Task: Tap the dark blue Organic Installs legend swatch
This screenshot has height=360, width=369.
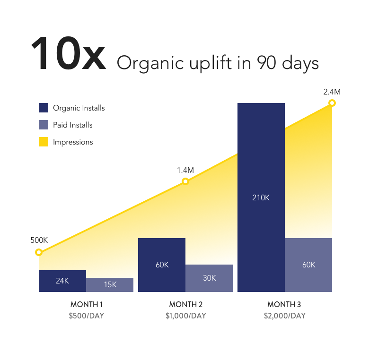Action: (44, 108)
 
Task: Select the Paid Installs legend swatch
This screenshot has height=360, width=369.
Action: (44, 125)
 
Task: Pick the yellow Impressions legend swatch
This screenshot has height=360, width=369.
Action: (44, 142)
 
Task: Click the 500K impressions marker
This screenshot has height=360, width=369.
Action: (39, 252)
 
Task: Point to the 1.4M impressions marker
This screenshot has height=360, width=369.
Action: (185, 181)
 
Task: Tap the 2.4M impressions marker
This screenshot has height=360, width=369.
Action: (332, 103)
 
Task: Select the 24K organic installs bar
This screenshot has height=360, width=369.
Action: (62, 281)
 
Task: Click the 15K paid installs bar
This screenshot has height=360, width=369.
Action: (110, 285)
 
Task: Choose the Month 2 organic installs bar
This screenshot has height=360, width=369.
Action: (162, 265)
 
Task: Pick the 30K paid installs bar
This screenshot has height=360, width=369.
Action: (209, 278)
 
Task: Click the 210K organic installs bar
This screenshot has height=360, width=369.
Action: (261, 197)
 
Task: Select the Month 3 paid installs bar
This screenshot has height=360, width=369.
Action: (308, 265)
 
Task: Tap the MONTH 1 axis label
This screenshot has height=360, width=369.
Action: (87, 304)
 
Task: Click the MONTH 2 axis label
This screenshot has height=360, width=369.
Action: (186, 304)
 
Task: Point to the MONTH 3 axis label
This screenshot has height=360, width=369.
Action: (284, 304)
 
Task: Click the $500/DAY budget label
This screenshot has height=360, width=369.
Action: (87, 316)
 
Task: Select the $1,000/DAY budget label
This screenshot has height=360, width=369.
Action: (186, 316)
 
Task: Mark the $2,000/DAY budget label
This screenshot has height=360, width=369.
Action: (284, 316)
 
